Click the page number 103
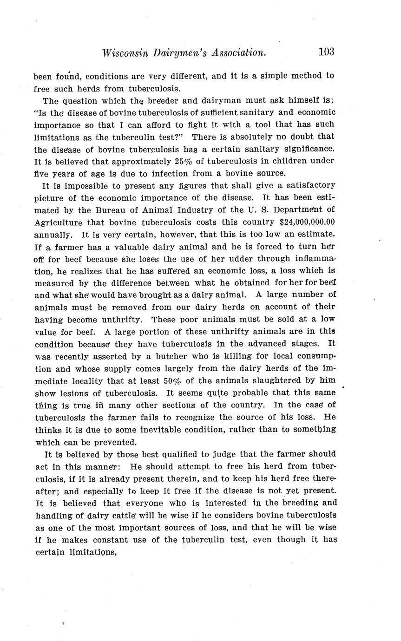(326, 52)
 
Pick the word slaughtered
(282, 381)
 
